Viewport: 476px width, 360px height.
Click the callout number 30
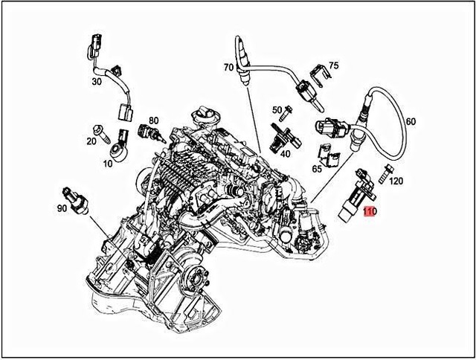(x=97, y=81)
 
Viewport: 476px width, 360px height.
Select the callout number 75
(x=334, y=66)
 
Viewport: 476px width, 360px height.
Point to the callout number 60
(x=411, y=121)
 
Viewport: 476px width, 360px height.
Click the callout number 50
(x=277, y=110)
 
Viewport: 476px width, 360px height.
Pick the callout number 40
(x=285, y=153)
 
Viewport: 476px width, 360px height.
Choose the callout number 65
(x=317, y=169)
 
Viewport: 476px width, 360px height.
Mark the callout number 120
(x=396, y=181)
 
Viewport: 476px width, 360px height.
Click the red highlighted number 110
(x=370, y=212)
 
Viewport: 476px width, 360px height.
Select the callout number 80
(x=154, y=120)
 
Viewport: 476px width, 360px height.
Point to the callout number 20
(x=91, y=141)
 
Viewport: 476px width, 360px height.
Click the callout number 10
(x=108, y=163)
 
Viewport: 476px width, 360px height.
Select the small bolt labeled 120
(x=384, y=173)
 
